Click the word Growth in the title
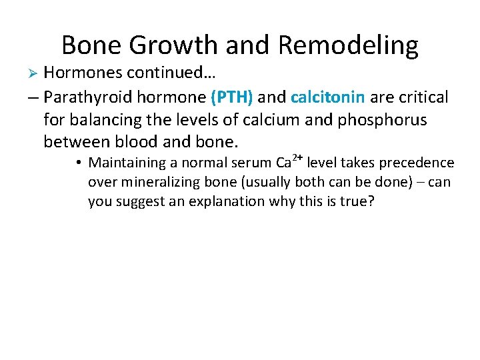pyautogui.click(x=172, y=45)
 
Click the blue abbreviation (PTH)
pyautogui.click(x=231, y=97)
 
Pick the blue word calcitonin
pyautogui.click(x=328, y=97)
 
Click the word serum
pyautogui.click(x=250, y=163)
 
